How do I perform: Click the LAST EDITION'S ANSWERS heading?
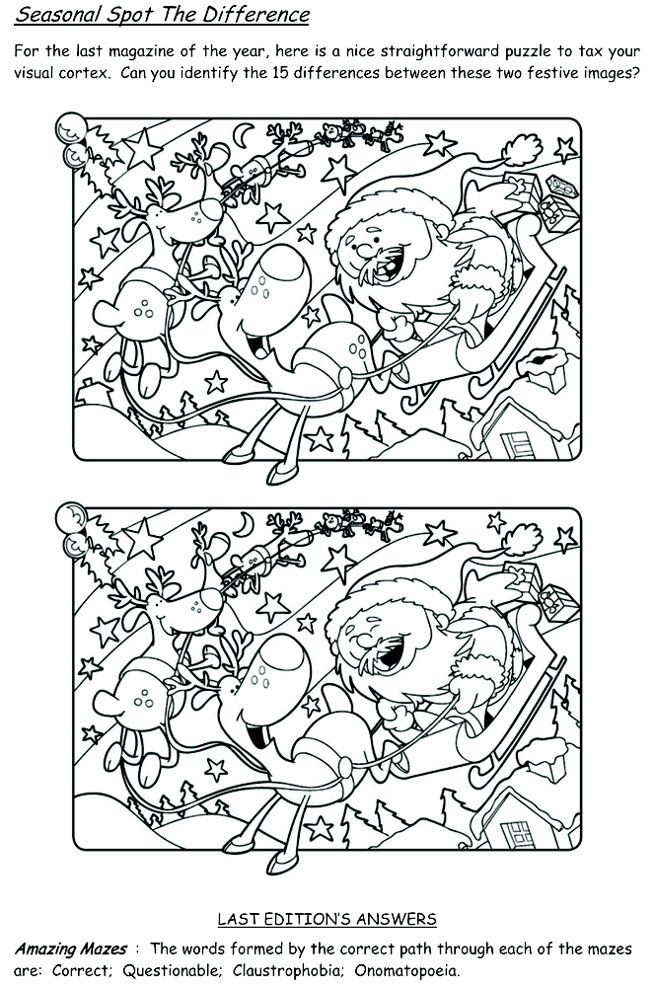[327, 919]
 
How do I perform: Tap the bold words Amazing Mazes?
[70, 949]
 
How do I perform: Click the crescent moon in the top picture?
[243, 133]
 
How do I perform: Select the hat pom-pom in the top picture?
[522, 150]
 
